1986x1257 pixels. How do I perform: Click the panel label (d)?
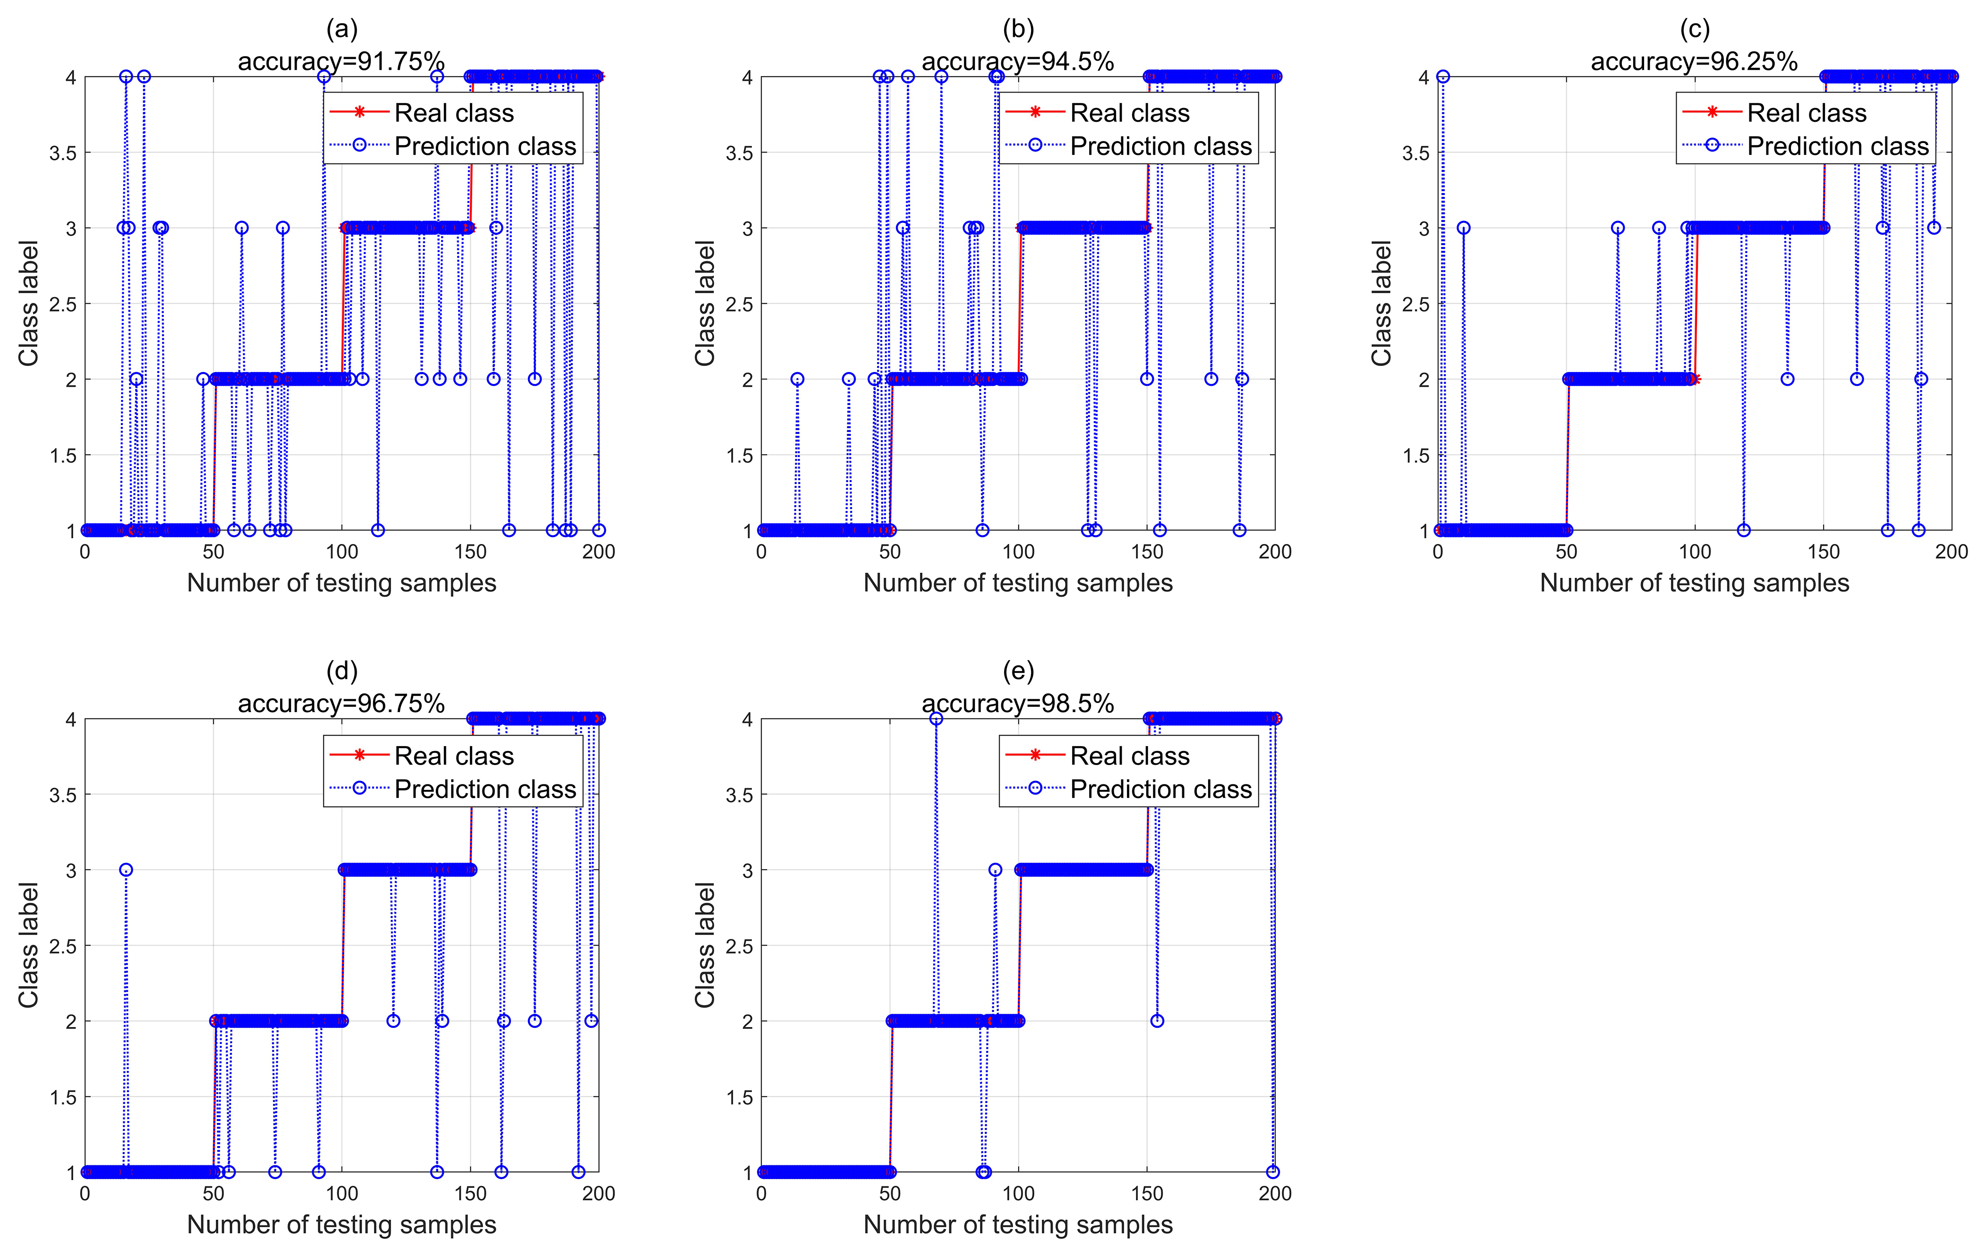341,671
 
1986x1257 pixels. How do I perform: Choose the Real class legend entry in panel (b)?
1129,113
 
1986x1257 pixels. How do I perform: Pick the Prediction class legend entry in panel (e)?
1160,790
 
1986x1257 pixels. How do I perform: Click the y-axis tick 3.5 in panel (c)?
1415,153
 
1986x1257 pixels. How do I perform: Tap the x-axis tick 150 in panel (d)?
470,1194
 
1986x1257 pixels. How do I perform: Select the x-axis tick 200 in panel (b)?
1274,552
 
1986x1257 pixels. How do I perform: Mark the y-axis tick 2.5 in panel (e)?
739,946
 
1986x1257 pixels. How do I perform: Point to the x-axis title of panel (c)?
1694,583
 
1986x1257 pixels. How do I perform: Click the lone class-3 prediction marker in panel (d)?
125,870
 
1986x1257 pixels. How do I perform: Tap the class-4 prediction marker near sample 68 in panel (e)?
936,719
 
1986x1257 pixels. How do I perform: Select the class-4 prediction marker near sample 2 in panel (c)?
1442,76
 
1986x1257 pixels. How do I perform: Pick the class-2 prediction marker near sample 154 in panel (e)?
1157,1021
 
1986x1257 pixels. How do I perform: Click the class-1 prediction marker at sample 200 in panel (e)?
1272,1172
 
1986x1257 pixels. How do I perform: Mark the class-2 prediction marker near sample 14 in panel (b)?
797,379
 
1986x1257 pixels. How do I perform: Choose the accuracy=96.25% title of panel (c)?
1694,61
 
